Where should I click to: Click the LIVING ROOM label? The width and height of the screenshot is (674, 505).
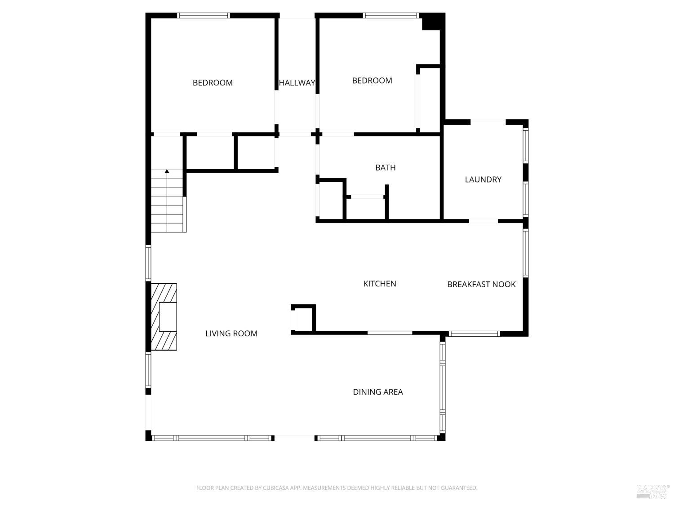[231, 334]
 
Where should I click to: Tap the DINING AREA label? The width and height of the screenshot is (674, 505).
[378, 392]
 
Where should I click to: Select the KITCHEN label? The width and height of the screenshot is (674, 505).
[380, 284]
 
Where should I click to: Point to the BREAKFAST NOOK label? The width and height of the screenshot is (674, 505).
[481, 284]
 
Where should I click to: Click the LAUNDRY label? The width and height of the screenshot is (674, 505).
[483, 180]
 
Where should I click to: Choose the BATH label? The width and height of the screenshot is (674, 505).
[386, 167]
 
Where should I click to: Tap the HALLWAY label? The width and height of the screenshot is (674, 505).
[297, 83]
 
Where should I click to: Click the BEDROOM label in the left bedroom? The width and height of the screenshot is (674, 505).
[213, 83]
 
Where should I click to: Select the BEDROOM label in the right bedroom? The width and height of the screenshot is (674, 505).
[372, 80]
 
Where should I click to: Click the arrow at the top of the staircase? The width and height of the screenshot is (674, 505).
[167, 171]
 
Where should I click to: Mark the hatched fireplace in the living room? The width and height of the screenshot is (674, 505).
[164, 317]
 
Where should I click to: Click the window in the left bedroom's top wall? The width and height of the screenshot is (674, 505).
[204, 15]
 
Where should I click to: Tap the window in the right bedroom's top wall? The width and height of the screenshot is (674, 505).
[391, 15]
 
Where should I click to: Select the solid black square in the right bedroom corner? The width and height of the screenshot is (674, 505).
[431, 22]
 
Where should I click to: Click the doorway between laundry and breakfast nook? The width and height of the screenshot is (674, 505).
[483, 221]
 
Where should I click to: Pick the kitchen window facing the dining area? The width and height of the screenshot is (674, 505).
[390, 333]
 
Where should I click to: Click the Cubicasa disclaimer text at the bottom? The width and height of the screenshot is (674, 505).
[337, 488]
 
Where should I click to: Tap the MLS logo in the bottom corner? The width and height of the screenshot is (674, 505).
[652, 491]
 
